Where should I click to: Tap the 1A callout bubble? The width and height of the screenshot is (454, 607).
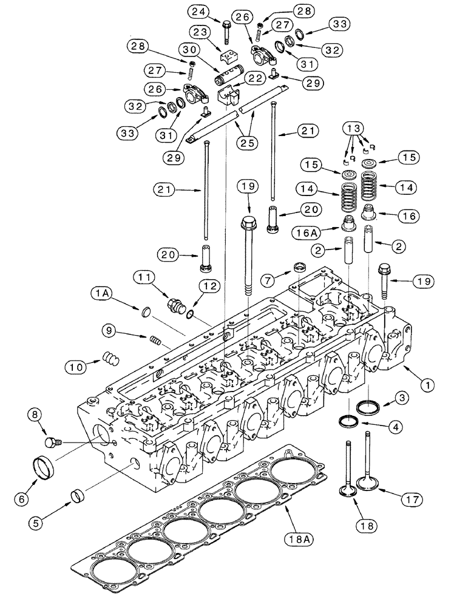tap(100, 294)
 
